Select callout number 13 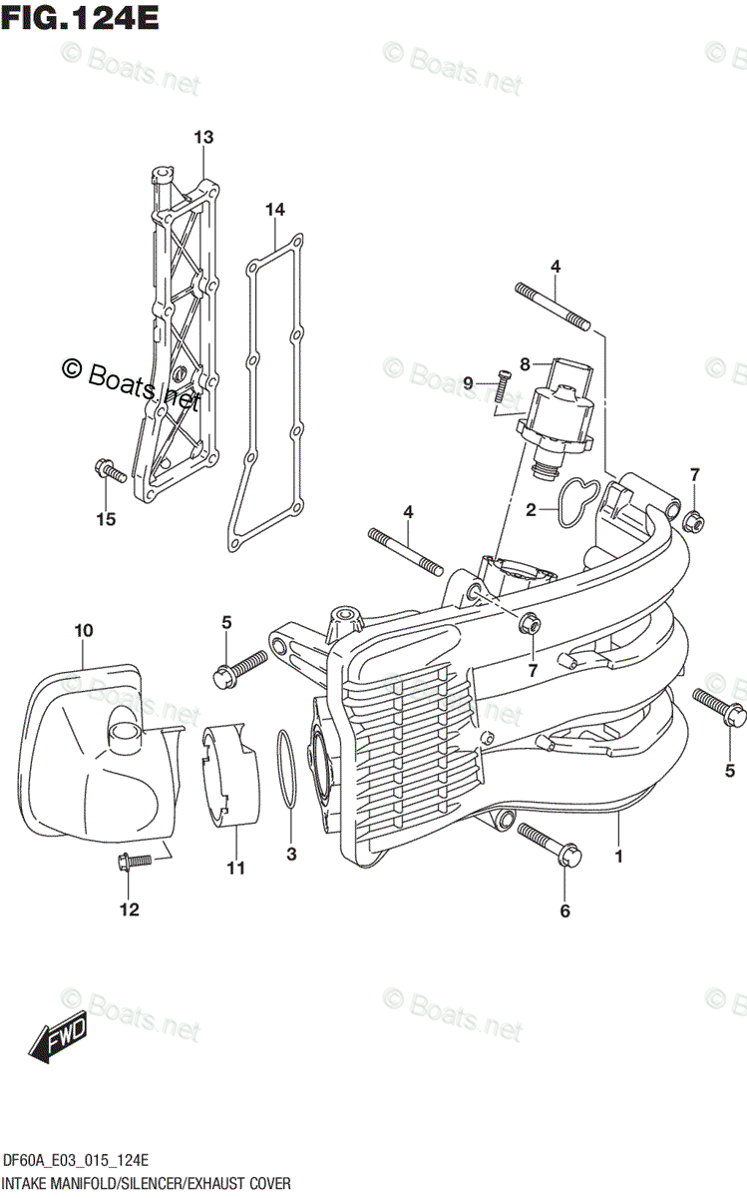203,137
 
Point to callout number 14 275,209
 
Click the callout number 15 106,518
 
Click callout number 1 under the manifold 618,857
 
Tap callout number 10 83,630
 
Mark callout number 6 564,910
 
